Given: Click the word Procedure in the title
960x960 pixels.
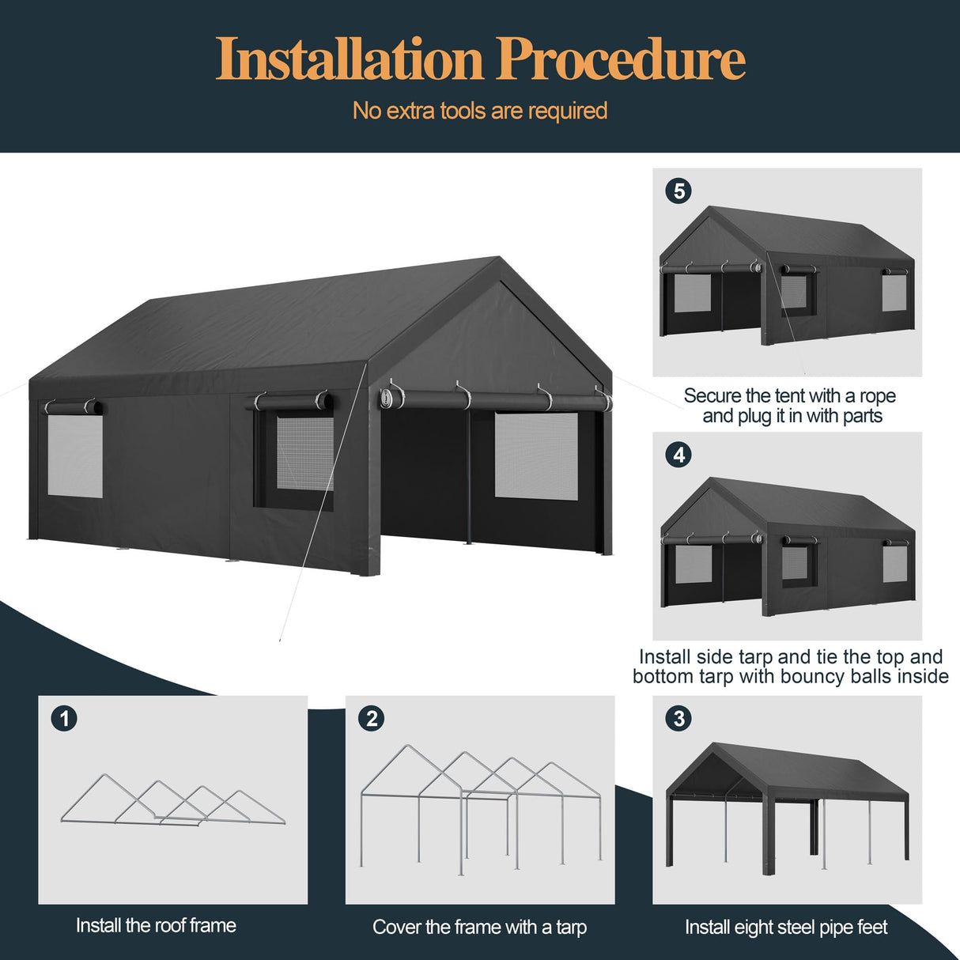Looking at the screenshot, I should (x=621, y=60).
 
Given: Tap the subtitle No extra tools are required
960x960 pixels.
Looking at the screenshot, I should (x=479, y=111).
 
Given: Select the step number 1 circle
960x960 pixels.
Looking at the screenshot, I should (x=64, y=718).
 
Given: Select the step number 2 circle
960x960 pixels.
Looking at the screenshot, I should (x=371, y=718).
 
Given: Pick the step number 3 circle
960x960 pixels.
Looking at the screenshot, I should (x=678, y=718).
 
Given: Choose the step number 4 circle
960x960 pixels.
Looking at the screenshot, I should (x=678, y=455).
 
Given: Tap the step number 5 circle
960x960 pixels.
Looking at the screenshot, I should (x=678, y=191).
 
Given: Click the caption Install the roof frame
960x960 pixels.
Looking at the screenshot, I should (x=156, y=925).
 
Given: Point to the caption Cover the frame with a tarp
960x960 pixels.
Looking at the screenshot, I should (x=479, y=927).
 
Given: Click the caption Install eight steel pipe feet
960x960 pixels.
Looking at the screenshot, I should (x=786, y=927).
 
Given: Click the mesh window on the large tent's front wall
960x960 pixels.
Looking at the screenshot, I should (x=536, y=455).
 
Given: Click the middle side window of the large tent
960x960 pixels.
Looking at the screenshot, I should (x=304, y=452).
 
